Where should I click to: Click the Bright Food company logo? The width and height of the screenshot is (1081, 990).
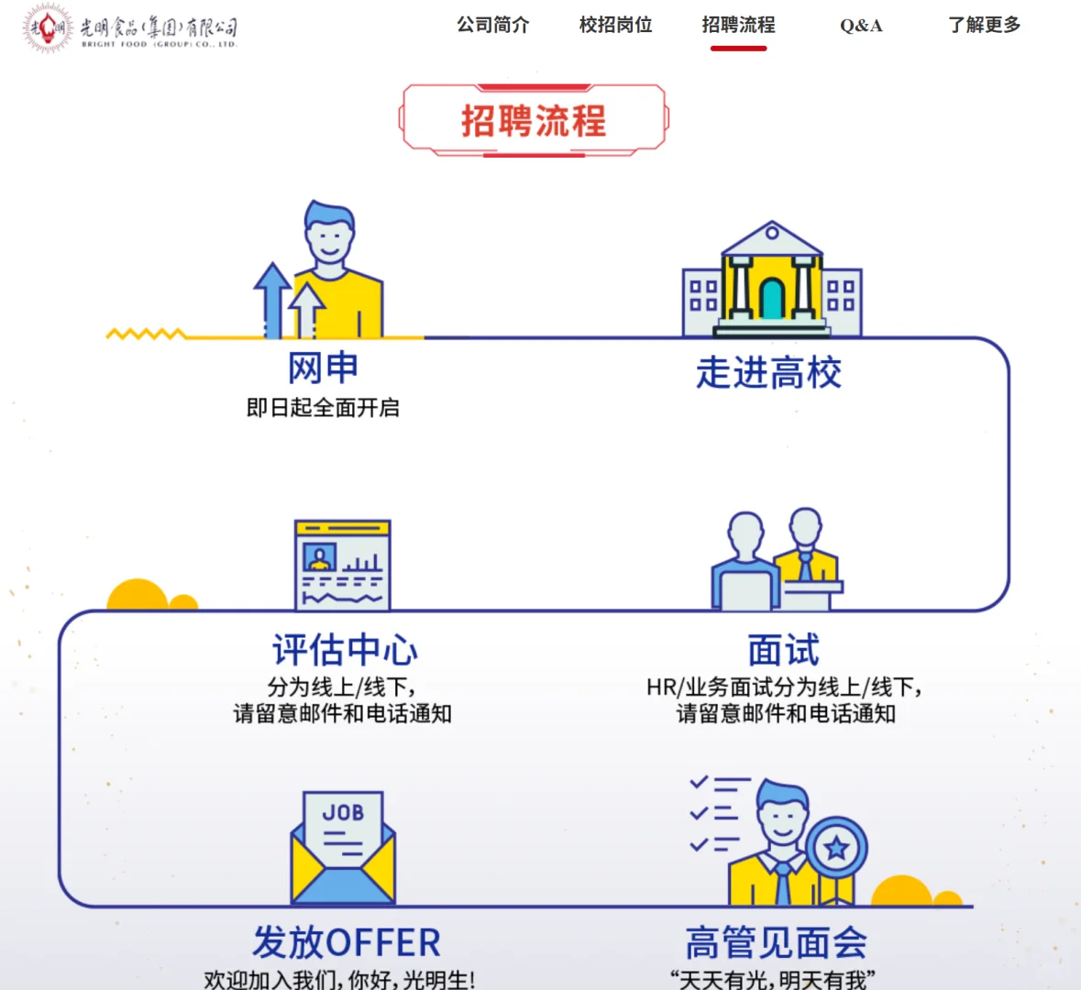click(129, 28)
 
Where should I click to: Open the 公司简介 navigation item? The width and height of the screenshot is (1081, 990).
click(493, 25)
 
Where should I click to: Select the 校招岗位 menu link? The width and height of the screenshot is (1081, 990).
click(615, 25)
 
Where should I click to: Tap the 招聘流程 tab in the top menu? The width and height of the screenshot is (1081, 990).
click(738, 25)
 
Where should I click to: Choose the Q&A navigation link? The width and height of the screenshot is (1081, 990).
click(861, 26)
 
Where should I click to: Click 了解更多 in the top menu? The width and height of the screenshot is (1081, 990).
click(984, 25)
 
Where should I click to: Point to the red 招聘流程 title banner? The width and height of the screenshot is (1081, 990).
click(534, 120)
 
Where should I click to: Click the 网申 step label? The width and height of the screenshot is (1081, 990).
click(323, 368)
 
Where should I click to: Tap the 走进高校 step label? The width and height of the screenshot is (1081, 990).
click(768, 373)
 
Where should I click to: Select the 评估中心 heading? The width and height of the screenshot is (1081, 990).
click(345, 650)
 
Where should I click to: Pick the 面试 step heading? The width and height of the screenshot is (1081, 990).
click(783, 650)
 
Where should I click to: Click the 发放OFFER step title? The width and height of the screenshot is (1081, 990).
click(347, 942)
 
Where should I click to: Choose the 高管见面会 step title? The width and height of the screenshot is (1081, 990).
click(776, 942)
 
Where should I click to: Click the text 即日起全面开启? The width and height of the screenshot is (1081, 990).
click(323, 408)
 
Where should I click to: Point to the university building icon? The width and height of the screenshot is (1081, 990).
click(772, 280)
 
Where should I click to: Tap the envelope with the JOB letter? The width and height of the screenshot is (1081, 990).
click(343, 849)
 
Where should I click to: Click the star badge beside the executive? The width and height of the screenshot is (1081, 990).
click(836, 847)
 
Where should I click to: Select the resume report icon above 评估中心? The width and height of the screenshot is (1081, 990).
click(343, 565)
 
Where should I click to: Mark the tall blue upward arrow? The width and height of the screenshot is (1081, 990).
click(272, 298)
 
